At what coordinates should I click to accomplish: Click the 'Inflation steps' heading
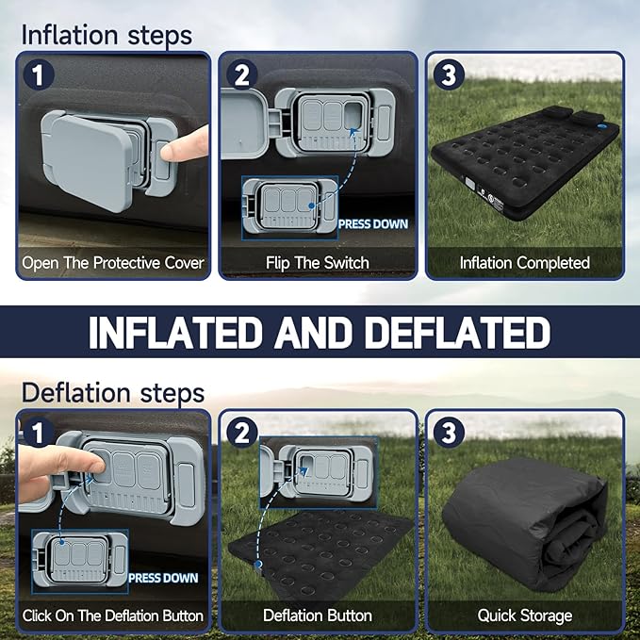pyautogui.click(x=107, y=36)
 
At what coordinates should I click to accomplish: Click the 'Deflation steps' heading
pyautogui.click(x=113, y=393)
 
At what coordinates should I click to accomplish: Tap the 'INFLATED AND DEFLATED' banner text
pyautogui.click(x=320, y=332)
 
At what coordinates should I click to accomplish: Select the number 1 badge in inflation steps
pyautogui.click(x=39, y=74)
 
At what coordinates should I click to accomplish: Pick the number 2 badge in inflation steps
pyautogui.click(x=242, y=74)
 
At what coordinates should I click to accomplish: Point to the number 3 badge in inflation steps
pyautogui.click(x=449, y=74)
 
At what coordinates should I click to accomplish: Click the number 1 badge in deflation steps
pyautogui.click(x=39, y=433)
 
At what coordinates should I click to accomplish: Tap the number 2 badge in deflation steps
pyautogui.click(x=242, y=433)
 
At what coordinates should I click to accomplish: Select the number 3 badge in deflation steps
pyautogui.click(x=449, y=433)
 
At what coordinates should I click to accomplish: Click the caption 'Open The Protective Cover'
pyautogui.click(x=113, y=263)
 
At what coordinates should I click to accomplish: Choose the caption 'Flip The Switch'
pyautogui.click(x=317, y=263)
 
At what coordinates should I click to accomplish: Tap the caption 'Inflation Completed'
pyautogui.click(x=524, y=263)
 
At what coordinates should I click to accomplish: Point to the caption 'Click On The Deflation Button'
pyautogui.click(x=113, y=615)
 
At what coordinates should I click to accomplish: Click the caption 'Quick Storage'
pyautogui.click(x=524, y=615)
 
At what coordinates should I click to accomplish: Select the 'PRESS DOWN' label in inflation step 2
pyautogui.click(x=373, y=224)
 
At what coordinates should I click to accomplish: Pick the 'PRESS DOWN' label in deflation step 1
pyautogui.click(x=163, y=578)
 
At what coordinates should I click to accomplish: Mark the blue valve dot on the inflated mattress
pyautogui.click(x=601, y=126)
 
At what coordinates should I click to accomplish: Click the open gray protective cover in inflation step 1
pyautogui.click(x=88, y=161)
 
